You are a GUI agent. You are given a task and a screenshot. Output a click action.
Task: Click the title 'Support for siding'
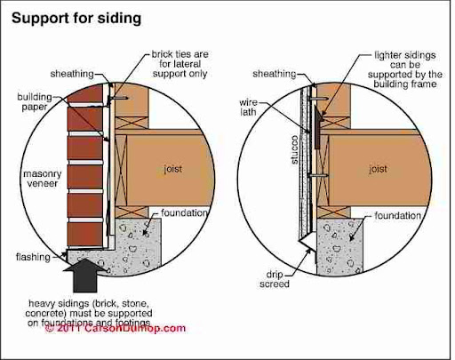[76, 19]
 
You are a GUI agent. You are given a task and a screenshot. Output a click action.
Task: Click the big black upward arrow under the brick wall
[85, 276]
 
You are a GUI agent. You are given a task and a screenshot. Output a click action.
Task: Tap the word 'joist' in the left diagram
[173, 169]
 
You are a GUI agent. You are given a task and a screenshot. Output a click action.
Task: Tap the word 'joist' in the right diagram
[378, 169]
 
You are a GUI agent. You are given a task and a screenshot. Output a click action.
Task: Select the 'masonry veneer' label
[43, 179]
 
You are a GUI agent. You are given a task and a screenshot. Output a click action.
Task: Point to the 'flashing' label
[33, 257]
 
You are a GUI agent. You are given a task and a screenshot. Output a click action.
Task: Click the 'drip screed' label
[275, 279]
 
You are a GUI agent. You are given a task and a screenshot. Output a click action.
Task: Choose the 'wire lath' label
[248, 108]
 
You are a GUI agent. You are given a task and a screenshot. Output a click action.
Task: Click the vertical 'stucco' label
[294, 149]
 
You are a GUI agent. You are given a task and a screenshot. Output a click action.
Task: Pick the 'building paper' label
[35, 102]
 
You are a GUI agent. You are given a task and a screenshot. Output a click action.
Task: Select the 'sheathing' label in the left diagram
[72, 74]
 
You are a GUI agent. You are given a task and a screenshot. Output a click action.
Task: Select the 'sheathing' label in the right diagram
[275, 74]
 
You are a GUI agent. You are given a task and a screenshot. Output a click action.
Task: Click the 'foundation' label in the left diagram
[184, 212]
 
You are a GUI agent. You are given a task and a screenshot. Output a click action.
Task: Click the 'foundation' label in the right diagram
[398, 216]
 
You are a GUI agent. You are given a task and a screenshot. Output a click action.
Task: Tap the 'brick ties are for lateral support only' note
[180, 64]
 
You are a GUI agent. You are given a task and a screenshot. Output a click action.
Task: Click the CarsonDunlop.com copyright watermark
[116, 328]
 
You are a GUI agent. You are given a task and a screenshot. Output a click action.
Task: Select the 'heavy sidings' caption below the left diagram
[89, 313]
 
